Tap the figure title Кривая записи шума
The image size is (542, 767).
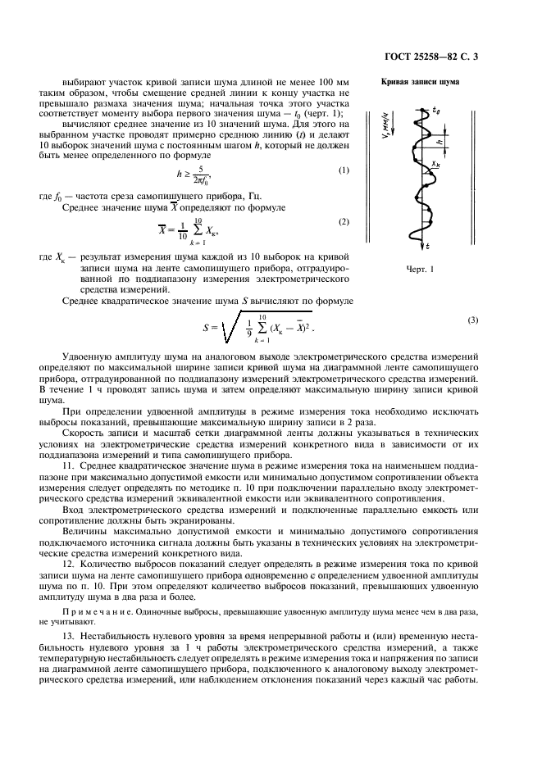(419, 83)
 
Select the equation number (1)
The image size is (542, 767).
(344, 170)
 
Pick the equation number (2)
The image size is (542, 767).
(344, 222)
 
